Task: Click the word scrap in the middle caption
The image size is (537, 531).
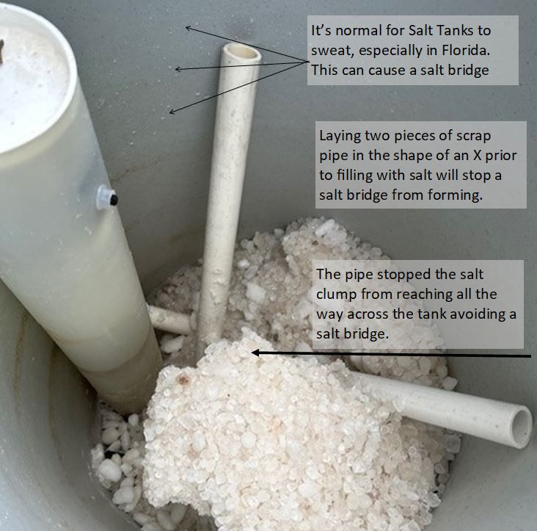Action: click(474, 137)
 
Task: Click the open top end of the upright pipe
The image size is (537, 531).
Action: click(241, 51)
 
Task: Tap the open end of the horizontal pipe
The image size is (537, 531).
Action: click(522, 427)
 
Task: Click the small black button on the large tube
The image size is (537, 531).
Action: click(114, 200)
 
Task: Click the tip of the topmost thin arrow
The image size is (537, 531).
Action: click(186, 27)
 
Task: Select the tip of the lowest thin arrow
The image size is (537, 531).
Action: click(170, 112)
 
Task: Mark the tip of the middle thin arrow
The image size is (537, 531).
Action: click(175, 69)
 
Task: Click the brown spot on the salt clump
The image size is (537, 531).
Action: click(183, 379)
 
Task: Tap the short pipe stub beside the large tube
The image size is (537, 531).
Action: click(169, 320)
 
